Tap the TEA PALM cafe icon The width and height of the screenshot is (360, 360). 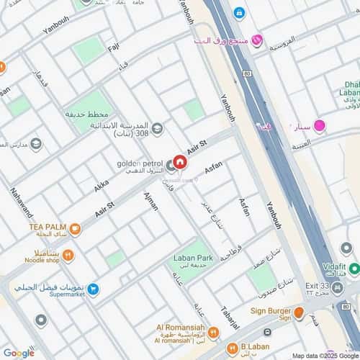coord(75,230)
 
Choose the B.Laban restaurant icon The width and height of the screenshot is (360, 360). coord(232,349)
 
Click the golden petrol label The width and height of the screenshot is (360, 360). coord(140,163)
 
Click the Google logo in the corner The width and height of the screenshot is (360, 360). coord(19,353)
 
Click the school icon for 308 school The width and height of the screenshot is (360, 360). coord(157,129)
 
